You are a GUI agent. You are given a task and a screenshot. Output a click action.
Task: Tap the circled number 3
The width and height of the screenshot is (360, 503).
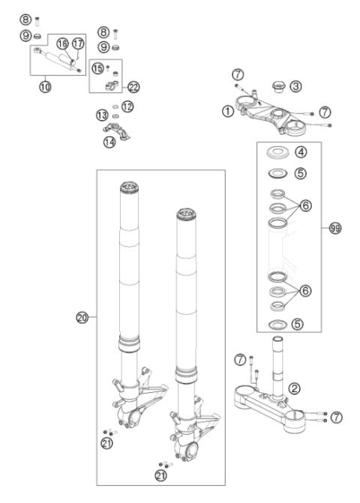coord(295,86)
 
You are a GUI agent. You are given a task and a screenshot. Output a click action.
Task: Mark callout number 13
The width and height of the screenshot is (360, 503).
coord(101,115)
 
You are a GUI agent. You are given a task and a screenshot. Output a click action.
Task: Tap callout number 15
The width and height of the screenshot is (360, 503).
coord(97,67)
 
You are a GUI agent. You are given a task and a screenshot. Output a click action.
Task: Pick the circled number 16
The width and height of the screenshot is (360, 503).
coord(62,43)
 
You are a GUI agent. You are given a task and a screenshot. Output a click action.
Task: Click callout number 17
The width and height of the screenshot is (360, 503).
coord(78,43)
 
